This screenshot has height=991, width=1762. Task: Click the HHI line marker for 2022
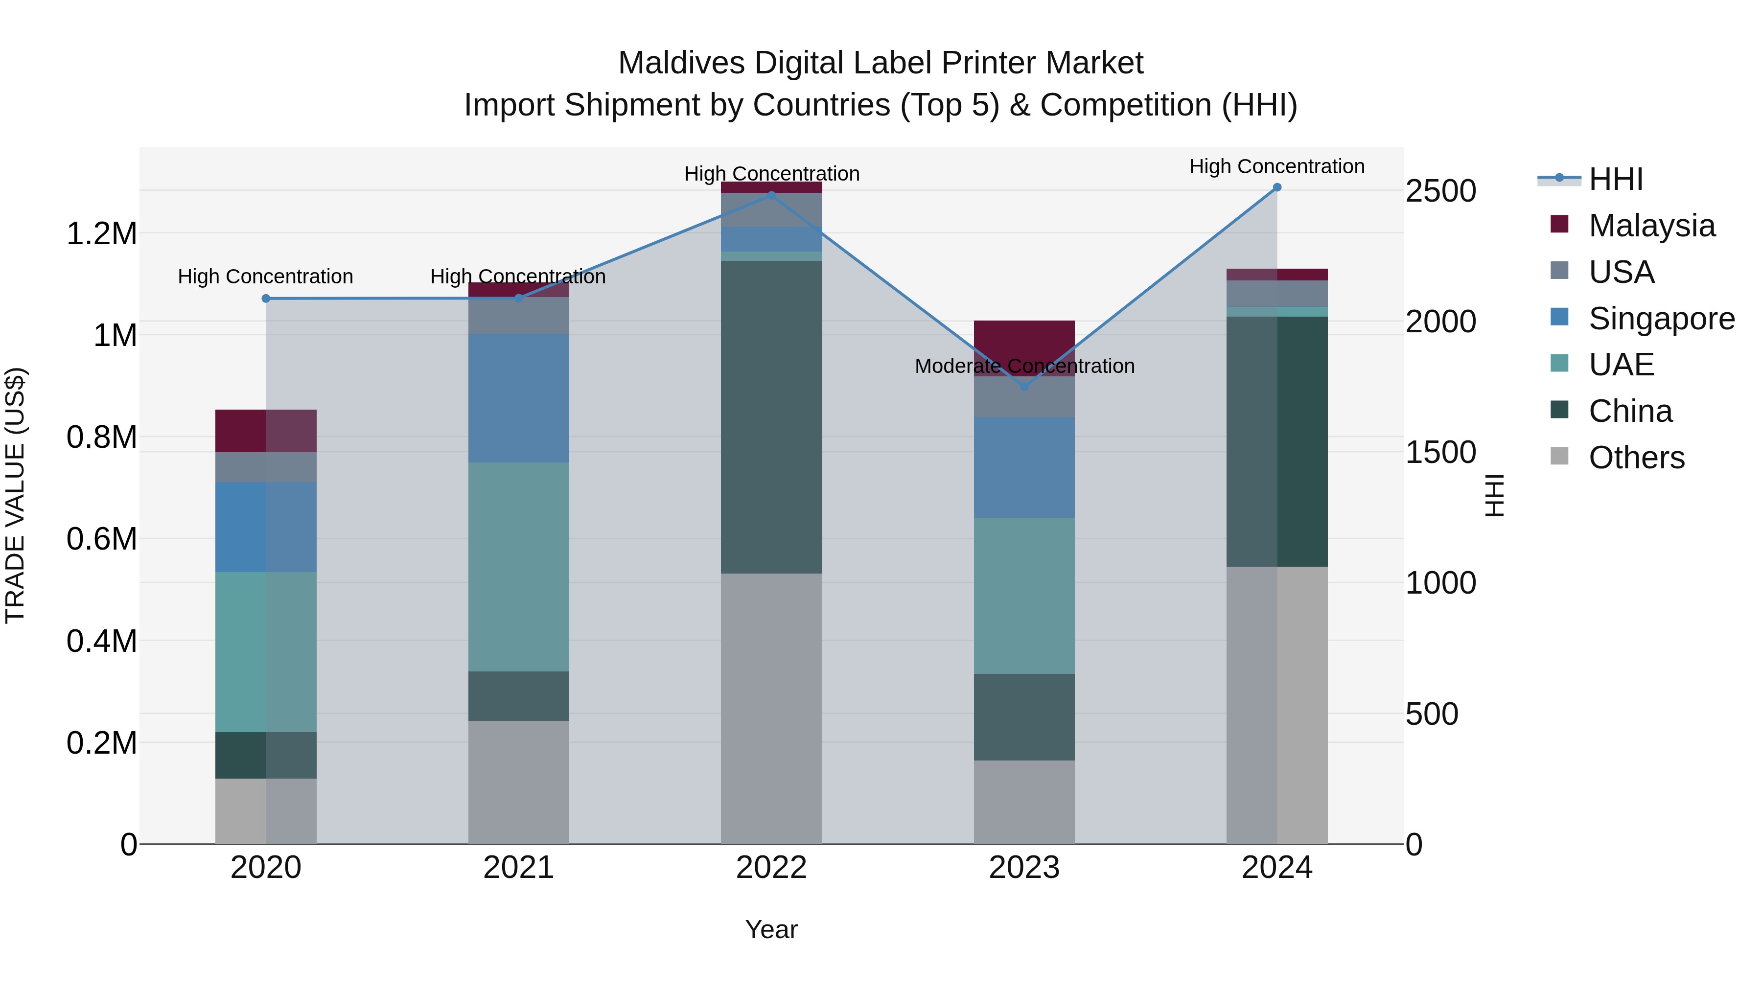[771, 195]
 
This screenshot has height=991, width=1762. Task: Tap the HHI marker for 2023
[1024, 387]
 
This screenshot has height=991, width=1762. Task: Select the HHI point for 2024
[1277, 187]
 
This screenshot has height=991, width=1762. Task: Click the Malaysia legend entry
[1651, 226]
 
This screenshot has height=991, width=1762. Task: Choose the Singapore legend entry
[1661, 319]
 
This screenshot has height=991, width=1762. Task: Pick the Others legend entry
[1636, 458]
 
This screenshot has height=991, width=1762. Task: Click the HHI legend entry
[1616, 179]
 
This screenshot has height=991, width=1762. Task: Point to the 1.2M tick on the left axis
[101, 234]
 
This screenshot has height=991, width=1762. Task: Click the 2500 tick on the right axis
[1440, 191]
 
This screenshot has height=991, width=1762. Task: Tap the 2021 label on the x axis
[518, 868]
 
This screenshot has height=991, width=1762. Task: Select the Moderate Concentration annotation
[1024, 367]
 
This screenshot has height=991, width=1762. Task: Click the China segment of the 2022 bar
[771, 417]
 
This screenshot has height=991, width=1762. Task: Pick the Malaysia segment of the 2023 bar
[1024, 339]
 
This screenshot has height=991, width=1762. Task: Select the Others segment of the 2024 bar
[1277, 704]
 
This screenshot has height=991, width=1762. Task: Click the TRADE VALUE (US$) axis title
[15, 495]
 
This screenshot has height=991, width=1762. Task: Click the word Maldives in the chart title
[681, 63]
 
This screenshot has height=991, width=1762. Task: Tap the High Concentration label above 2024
[1276, 166]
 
